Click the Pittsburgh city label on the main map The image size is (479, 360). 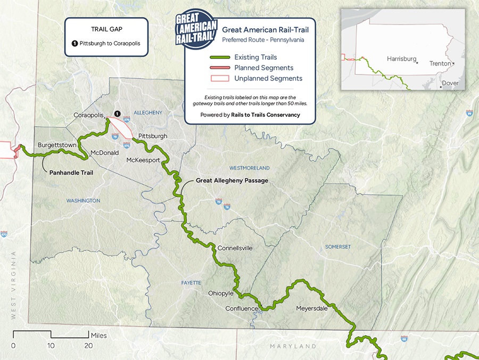pyautogui.click(x=153, y=136)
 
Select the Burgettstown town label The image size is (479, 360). pyautogui.click(x=55, y=145)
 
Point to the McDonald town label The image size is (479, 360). pyautogui.click(x=105, y=153)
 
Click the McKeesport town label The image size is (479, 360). pyautogui.click(x=143, y=160)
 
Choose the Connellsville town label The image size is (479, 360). pyautogui.click(x=235, y=248)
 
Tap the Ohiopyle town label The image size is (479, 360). pyautogui.click(x=221, y=293)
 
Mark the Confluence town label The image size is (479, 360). pyautogui.click(x=242, y=309)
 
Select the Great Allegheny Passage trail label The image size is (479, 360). pyautogui.click(x=232, y=181)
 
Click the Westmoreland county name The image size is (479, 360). pyautogui.click(x=249, y=168)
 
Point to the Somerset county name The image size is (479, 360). pyautogui.click(x=338, y=247)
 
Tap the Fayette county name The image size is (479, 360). pyautogui.click(x=190, y=282)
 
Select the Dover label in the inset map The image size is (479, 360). pyautogui.click(x=450, y=84)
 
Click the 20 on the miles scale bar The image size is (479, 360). pyautogui.click(x=88, y=345)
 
